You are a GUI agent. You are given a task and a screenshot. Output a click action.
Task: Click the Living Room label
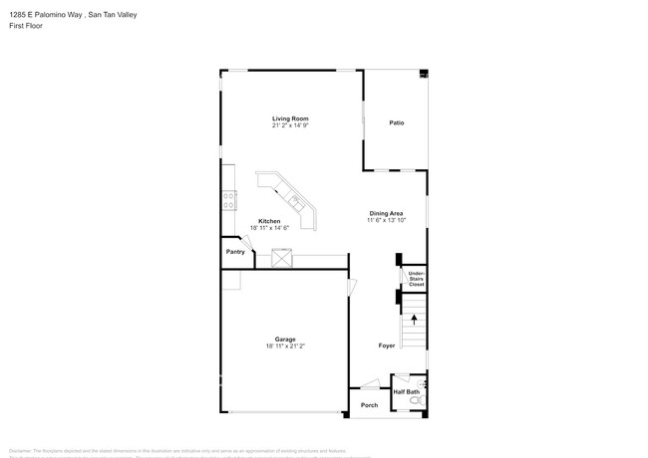[290, 118]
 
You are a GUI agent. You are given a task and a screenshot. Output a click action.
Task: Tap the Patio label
[396, 122]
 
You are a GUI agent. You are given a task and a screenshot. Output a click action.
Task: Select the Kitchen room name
[269, 221]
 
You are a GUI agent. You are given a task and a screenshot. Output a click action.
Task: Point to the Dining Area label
[386, 213]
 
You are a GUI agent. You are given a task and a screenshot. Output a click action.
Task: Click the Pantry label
[234, 252]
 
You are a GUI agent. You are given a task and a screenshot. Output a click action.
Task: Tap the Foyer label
[386, 345]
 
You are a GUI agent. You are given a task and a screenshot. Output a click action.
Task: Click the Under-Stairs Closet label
[416, 278]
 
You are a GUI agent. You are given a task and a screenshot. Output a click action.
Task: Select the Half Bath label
[406, 391]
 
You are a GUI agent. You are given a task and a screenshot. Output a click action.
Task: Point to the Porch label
[369, 405]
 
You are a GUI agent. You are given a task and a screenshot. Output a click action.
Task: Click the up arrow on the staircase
[414, 321]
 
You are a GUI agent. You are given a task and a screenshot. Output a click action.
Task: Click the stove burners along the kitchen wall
[228, 197]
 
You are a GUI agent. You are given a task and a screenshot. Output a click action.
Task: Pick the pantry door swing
[247, 242]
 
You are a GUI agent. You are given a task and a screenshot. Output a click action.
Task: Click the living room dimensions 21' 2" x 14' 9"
[290, 126]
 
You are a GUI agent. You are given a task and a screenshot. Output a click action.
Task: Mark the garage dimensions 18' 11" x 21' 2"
[285, 346]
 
